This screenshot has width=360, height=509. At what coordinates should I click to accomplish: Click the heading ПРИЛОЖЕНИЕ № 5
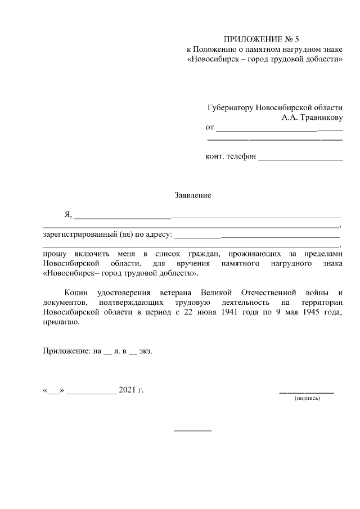(x=262, y=39)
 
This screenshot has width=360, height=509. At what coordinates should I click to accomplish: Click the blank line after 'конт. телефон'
(x=300, y=160)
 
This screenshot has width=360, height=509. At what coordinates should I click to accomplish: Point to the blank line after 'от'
(x=279, y=130)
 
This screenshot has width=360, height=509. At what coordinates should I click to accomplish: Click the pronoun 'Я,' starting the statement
(x=69, y=215)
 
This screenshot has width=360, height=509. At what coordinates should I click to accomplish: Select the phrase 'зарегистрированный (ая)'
(x=85, y=233)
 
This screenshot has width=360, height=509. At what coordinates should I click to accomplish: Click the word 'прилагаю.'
(x=61, y=323)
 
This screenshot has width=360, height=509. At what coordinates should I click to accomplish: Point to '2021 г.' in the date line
(x=131, y=390)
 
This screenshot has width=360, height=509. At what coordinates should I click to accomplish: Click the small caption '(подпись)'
(x=307, y=398)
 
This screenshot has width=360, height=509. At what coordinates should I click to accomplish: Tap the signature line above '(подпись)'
(x=307, y=391)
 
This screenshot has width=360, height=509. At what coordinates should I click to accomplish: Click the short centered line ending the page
(x=192, y=431)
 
